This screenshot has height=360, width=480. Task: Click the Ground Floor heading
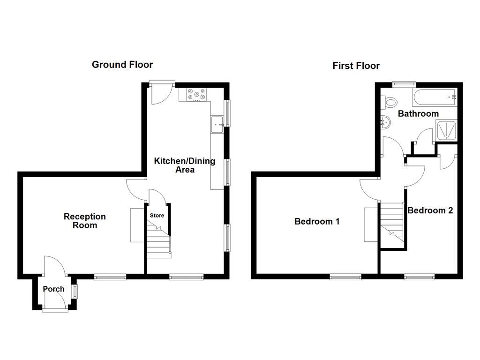tap(122, 65)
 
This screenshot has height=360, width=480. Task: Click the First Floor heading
tap(356, 66)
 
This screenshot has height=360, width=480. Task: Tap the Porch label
tap(54, 289)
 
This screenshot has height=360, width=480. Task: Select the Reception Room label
tap(85, 221)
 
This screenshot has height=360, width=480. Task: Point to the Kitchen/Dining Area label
tap(185, 165)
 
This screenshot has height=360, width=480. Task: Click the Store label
tap(157, 216)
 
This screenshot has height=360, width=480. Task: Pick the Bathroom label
tap(418, 113)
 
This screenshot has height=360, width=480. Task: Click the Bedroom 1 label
tap(317, 221)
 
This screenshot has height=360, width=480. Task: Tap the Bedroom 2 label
tap(430, 210)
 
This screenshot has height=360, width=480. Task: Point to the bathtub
tap(434, 97)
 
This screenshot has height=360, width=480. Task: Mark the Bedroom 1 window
tap(345, 277)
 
